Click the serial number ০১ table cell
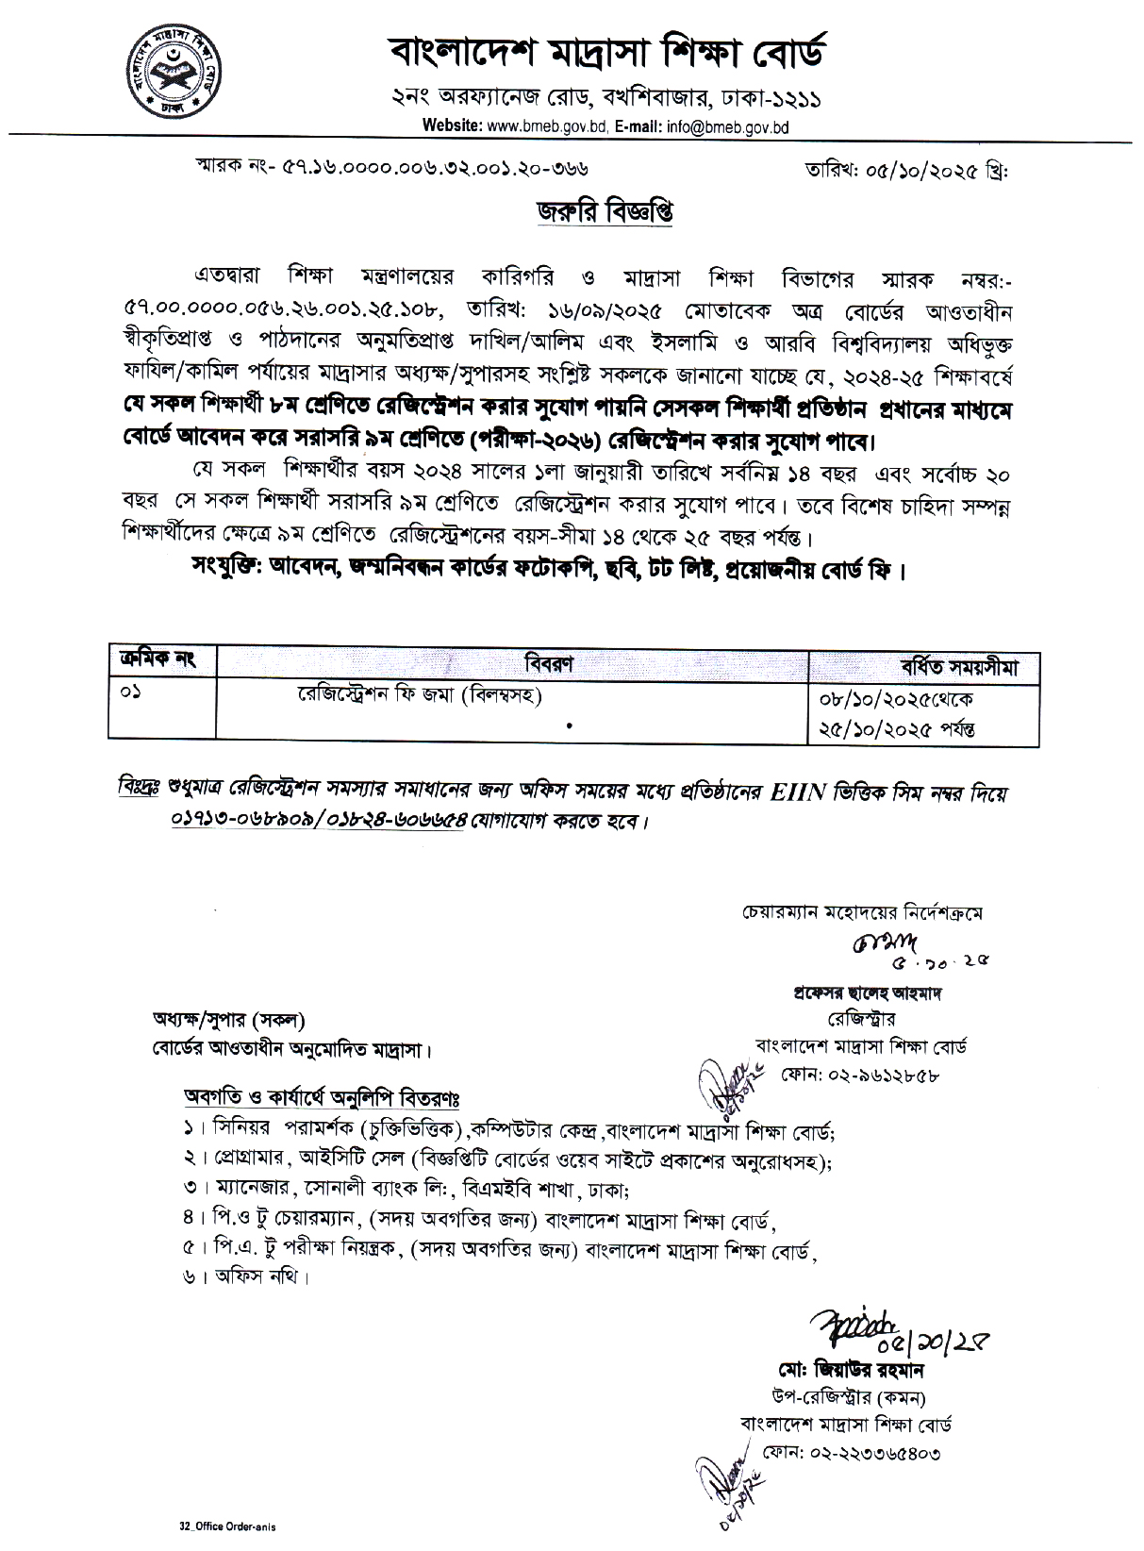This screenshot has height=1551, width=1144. tap(129, 695)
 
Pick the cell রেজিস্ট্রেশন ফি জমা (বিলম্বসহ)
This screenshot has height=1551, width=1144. tap(419, 696)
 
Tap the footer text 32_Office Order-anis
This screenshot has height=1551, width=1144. tap(230, 1525)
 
